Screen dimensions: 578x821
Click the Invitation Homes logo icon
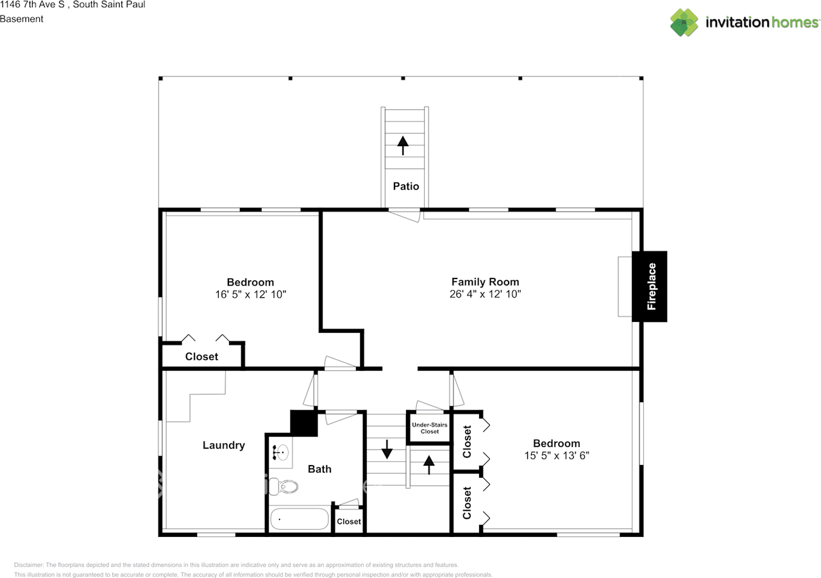click(x=684, y=22)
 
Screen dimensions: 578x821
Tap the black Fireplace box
click(x=650, y=286)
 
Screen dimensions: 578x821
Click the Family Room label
click(x=485, y=282)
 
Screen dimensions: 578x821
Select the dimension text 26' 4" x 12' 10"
click(x=485, y=294)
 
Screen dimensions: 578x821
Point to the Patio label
click(x=405, y=186)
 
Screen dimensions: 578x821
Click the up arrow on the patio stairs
click(x=403, y=145)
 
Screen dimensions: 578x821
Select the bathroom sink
click(x=280, y=453)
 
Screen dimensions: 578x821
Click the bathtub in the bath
click(x=299, y=519)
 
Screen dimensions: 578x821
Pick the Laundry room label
click(x=223, y=445)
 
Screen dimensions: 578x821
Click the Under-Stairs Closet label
click(x=429, y=428)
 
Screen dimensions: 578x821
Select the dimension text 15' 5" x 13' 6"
click(x=556, y=456)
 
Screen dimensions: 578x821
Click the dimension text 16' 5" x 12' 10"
click(x=250, y=295)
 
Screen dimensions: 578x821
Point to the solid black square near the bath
click(x=304, y=423)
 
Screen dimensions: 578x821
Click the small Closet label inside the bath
click(x=349, y=522)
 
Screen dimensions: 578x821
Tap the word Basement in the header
click(x=22, y=19)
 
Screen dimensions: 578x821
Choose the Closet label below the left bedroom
click(x=201, y=357)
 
